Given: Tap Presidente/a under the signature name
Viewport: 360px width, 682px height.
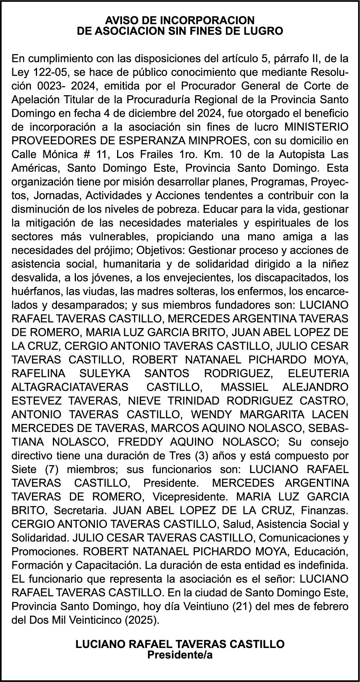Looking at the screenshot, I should coord(180,655).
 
